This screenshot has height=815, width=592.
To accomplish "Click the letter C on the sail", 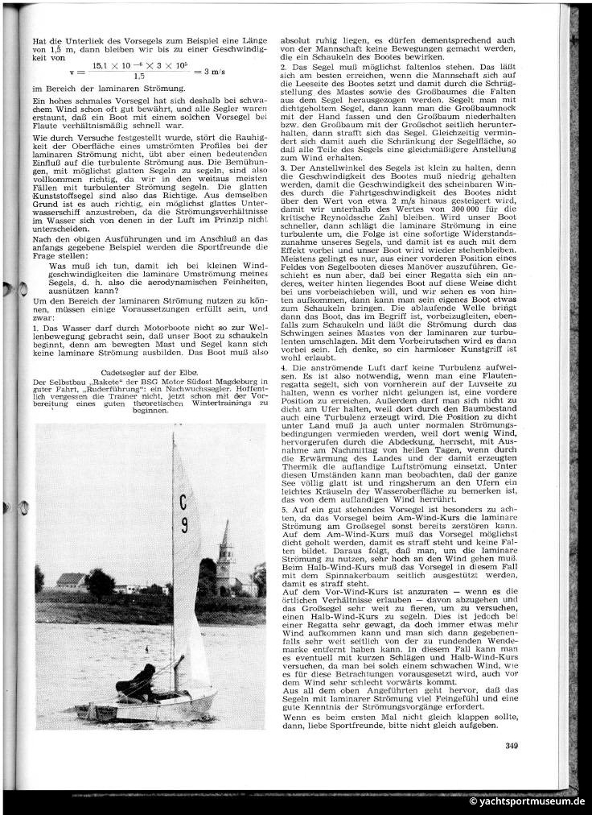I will coord(185,503).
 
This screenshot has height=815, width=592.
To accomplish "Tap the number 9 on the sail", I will coord(184,527).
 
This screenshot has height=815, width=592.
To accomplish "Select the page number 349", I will coord(512,744).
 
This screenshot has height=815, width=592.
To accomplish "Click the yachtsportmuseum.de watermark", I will coord(527,801).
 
